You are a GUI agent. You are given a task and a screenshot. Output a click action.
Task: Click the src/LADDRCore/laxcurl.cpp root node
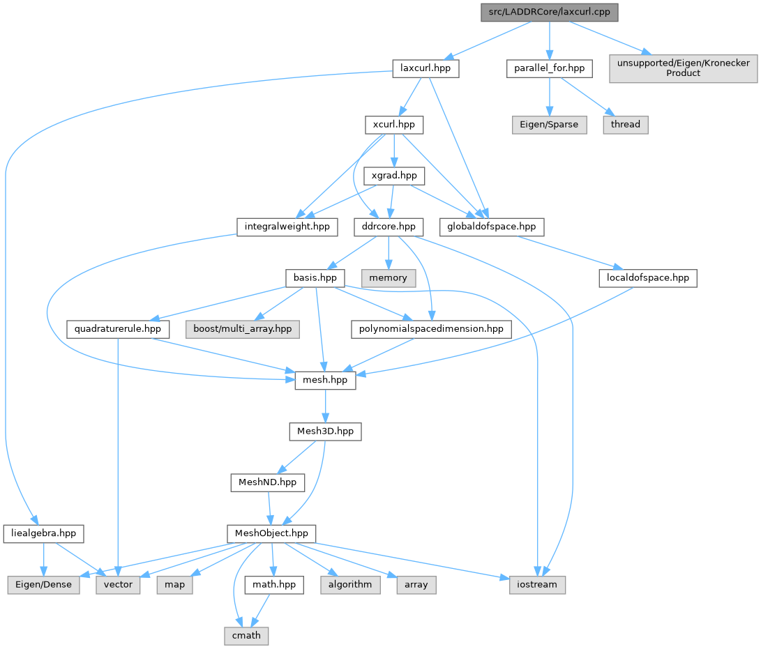(x=550, y=12)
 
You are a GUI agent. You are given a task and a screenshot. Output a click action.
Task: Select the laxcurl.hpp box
(x=425, y=68)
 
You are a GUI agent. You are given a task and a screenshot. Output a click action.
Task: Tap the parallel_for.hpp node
(x=549, y=68)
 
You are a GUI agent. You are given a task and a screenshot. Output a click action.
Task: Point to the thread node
(x=625, y=124)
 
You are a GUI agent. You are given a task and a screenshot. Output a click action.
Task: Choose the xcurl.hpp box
(x=394, y=125)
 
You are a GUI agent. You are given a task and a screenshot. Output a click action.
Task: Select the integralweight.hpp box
(x=287, y=227)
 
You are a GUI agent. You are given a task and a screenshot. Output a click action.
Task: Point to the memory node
(x=389, y=277)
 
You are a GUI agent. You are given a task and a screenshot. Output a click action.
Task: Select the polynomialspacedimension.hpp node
(x=430, y=328)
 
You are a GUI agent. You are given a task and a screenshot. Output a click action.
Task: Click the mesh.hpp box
(x=325, y=381)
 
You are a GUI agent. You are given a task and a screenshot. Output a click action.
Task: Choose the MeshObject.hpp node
(x=271, y=534)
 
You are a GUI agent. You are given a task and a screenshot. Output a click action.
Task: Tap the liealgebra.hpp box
(x=43, y=534)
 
